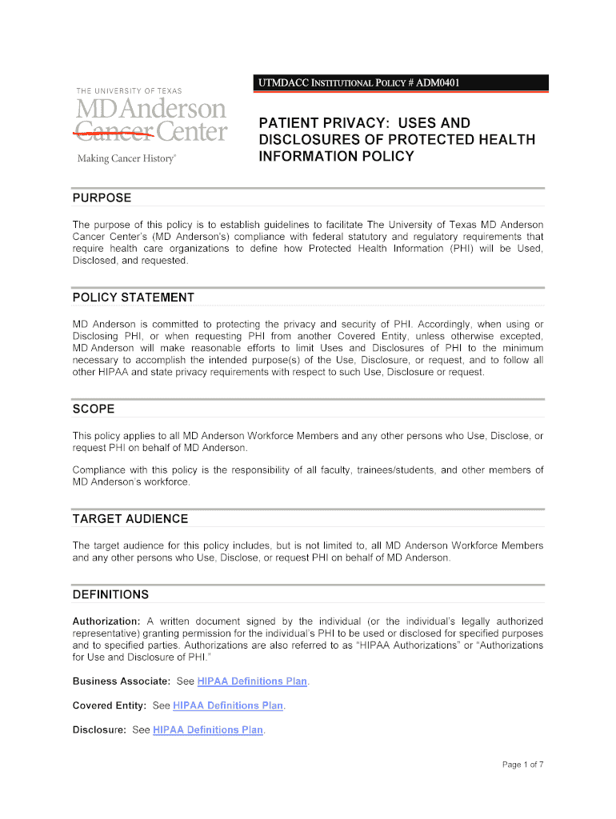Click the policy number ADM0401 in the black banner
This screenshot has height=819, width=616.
(436, 82)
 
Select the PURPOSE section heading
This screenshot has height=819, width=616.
(102, 198)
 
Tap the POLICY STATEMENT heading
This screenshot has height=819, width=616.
(134, 298)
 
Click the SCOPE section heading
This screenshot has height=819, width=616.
(94, 409)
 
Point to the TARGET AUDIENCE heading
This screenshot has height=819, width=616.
(130, 519)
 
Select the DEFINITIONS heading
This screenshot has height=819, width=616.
(110, 595)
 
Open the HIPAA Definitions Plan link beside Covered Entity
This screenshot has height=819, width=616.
(228, 705)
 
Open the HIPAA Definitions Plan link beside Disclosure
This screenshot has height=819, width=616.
(208, 729)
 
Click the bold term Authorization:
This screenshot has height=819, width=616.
(106, 621)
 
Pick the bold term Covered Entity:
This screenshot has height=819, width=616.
(110, 705)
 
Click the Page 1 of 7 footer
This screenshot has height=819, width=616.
(522, 765)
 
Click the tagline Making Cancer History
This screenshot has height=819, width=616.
(126, 158)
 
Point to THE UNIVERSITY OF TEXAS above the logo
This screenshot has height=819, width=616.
(129, 91)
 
